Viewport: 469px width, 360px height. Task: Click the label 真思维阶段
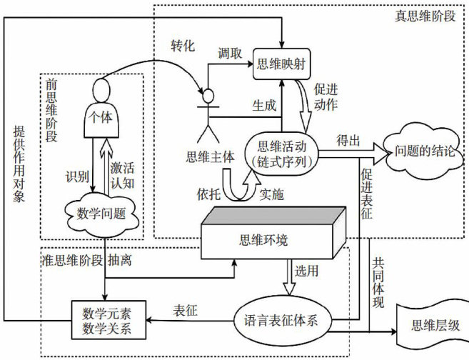428,16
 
